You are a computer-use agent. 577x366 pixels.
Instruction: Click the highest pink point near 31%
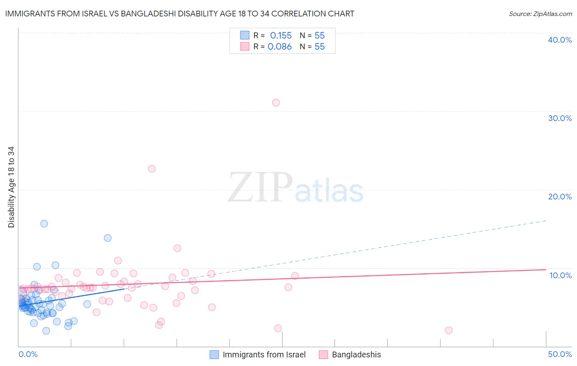coord(276,103)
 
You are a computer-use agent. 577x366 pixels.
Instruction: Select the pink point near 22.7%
coord(152,169)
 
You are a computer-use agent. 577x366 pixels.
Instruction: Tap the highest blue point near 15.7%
coord(44,224)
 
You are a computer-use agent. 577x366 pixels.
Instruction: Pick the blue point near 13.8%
coord(108,238)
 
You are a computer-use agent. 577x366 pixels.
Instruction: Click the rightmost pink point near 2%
coord(449,330)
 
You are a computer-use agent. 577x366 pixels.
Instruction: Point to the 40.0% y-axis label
coord(560,40)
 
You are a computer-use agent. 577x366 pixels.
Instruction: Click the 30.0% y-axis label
coord(560,118)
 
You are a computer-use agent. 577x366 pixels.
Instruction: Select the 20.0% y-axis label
coord(560,197)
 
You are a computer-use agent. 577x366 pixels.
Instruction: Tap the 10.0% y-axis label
coord(561,275)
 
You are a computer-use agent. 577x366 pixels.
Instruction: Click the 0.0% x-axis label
coord(28,354)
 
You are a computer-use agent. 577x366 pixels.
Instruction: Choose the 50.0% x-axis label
coord(560,354)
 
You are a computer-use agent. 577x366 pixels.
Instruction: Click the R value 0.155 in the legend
coord(281,36)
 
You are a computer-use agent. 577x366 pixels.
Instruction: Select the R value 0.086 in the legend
coord(279,47)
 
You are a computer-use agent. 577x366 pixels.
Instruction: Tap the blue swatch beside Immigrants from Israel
coord(214,355)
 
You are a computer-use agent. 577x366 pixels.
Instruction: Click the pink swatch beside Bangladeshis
coord(323,355)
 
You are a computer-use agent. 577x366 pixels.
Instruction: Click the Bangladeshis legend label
coord(356,355)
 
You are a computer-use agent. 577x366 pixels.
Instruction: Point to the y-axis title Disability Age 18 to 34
coord(11,187)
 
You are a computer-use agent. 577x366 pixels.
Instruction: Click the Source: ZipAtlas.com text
coord(540,14)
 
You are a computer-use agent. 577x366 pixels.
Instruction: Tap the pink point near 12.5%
coord(177,248)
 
